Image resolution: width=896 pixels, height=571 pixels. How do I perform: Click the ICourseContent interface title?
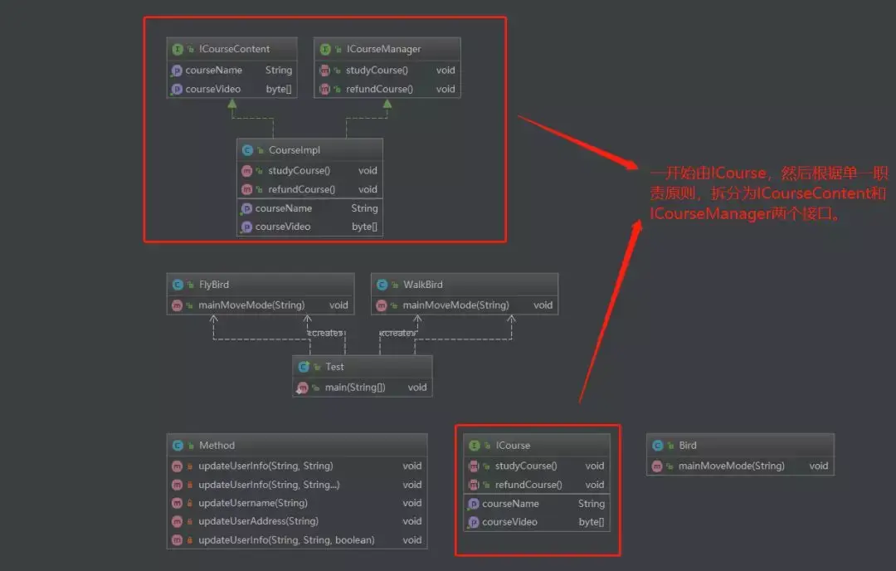(234, 49)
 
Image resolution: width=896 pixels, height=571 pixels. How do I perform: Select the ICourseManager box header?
(383, 49)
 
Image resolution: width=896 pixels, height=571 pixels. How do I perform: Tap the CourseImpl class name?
(294, 150)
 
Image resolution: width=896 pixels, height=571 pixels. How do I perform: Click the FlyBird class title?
(213, 285)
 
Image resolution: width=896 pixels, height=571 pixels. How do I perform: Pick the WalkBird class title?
(422, 285)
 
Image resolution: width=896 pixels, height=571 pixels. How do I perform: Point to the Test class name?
(334, 367)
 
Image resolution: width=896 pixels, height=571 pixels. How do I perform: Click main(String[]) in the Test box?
(348, 388)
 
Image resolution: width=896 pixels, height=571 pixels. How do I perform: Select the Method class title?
(217, 446)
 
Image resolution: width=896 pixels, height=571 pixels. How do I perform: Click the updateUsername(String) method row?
(252, 503)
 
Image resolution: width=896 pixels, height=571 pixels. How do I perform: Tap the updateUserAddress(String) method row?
(258, 521)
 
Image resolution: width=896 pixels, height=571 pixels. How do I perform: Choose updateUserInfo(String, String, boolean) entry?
(286, 540)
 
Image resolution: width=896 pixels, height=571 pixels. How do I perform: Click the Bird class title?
(687, 446)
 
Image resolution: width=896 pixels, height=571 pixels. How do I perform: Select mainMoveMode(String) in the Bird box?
(731, 466)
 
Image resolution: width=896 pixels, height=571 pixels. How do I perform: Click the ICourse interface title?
(513, 446)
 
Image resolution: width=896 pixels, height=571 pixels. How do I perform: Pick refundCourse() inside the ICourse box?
(528, 485)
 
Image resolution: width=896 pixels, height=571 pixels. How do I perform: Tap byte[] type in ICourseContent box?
(279, 89)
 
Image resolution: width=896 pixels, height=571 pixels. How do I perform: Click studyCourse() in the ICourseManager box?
(377, 70)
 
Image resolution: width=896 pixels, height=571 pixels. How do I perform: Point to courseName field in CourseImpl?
(283, 208)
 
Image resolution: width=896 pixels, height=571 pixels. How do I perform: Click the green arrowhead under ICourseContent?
(232, 103)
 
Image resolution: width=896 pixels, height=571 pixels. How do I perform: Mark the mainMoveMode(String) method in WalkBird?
(455, 305)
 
